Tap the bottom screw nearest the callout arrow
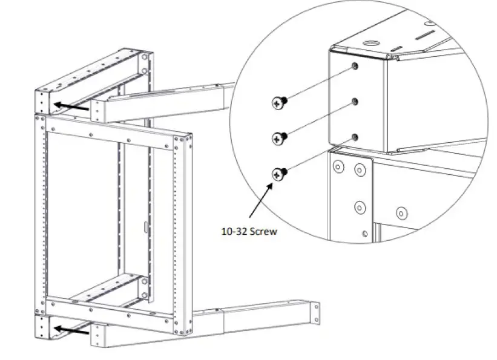pyautogui.click(x=278, y=174)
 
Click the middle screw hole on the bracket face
pyautogui.click(x=357, y=100)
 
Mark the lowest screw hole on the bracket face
pyautogui.click(x=357, y=137)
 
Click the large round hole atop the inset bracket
pyautogui.click(x=370, y=45)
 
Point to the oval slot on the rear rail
pyautogui.click(x=145, y=227)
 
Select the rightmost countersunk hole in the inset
pyautogui.click(x=400, y=213)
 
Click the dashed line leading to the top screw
pyautogui.click(x=318, y=83)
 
